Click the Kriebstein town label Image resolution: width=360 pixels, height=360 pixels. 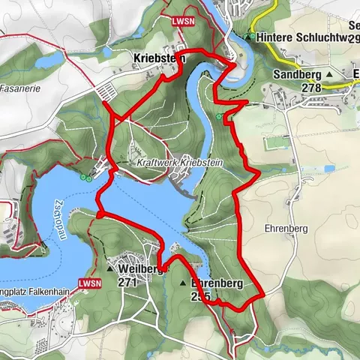(x=154, y=57)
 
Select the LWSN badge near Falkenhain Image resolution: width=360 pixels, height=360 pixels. (x=90, y=283)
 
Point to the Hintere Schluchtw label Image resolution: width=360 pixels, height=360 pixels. (x=303, y=36)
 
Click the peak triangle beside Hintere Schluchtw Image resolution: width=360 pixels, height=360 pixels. (x=248, y=36)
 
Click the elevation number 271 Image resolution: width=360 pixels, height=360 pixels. (x=127, y=282)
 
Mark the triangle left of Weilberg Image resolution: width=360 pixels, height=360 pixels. (x=109, y=268)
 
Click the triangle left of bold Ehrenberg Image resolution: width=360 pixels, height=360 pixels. (x=182, y=284)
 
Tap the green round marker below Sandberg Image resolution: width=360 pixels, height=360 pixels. (x=219, y=117)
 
